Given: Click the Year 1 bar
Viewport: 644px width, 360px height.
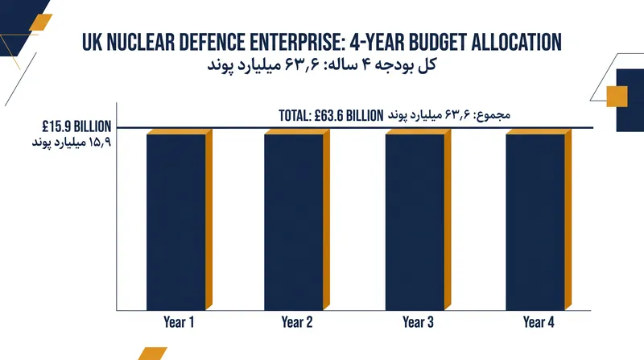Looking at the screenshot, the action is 179,220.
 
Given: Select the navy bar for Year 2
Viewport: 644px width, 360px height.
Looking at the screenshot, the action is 297,220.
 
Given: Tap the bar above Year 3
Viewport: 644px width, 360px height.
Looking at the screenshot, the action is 418,220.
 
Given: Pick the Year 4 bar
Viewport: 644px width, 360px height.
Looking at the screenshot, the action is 539,220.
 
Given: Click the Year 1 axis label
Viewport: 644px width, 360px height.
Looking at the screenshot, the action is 179,322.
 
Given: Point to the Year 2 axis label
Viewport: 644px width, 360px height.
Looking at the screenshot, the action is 297,322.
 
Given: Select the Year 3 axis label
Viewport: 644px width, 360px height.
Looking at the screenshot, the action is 418,322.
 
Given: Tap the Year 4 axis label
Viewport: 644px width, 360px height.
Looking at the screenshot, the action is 539,322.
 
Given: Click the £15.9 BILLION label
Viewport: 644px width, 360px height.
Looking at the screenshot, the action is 76,126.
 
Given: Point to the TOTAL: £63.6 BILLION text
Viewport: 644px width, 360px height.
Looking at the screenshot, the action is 331,115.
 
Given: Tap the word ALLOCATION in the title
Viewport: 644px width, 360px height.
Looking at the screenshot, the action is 516,43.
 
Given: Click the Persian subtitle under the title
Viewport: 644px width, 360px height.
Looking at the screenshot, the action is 322,65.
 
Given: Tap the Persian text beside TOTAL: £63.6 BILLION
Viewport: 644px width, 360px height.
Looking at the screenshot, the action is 449,114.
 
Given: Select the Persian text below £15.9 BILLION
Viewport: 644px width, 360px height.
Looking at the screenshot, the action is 72,143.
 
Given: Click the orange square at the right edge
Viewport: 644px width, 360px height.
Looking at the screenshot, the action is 617,96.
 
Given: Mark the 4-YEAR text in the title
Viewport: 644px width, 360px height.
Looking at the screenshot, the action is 376,43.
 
